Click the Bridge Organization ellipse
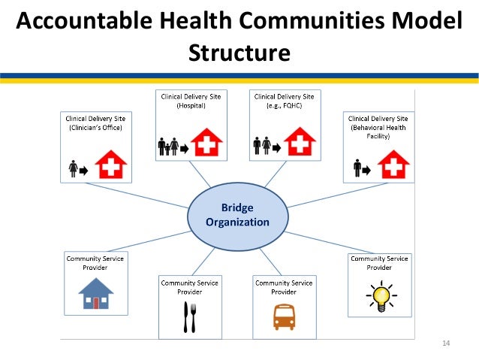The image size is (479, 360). coord(237,214)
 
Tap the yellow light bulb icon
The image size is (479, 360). coord(380,296)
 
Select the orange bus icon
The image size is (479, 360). coord(283,316)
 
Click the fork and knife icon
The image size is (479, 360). coord(189,316)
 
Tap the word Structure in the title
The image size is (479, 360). coord(239,53)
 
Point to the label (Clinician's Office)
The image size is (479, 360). coord(95,128)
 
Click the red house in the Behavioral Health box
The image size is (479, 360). coord(391,165)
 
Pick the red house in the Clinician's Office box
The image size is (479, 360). coord(112,165)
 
